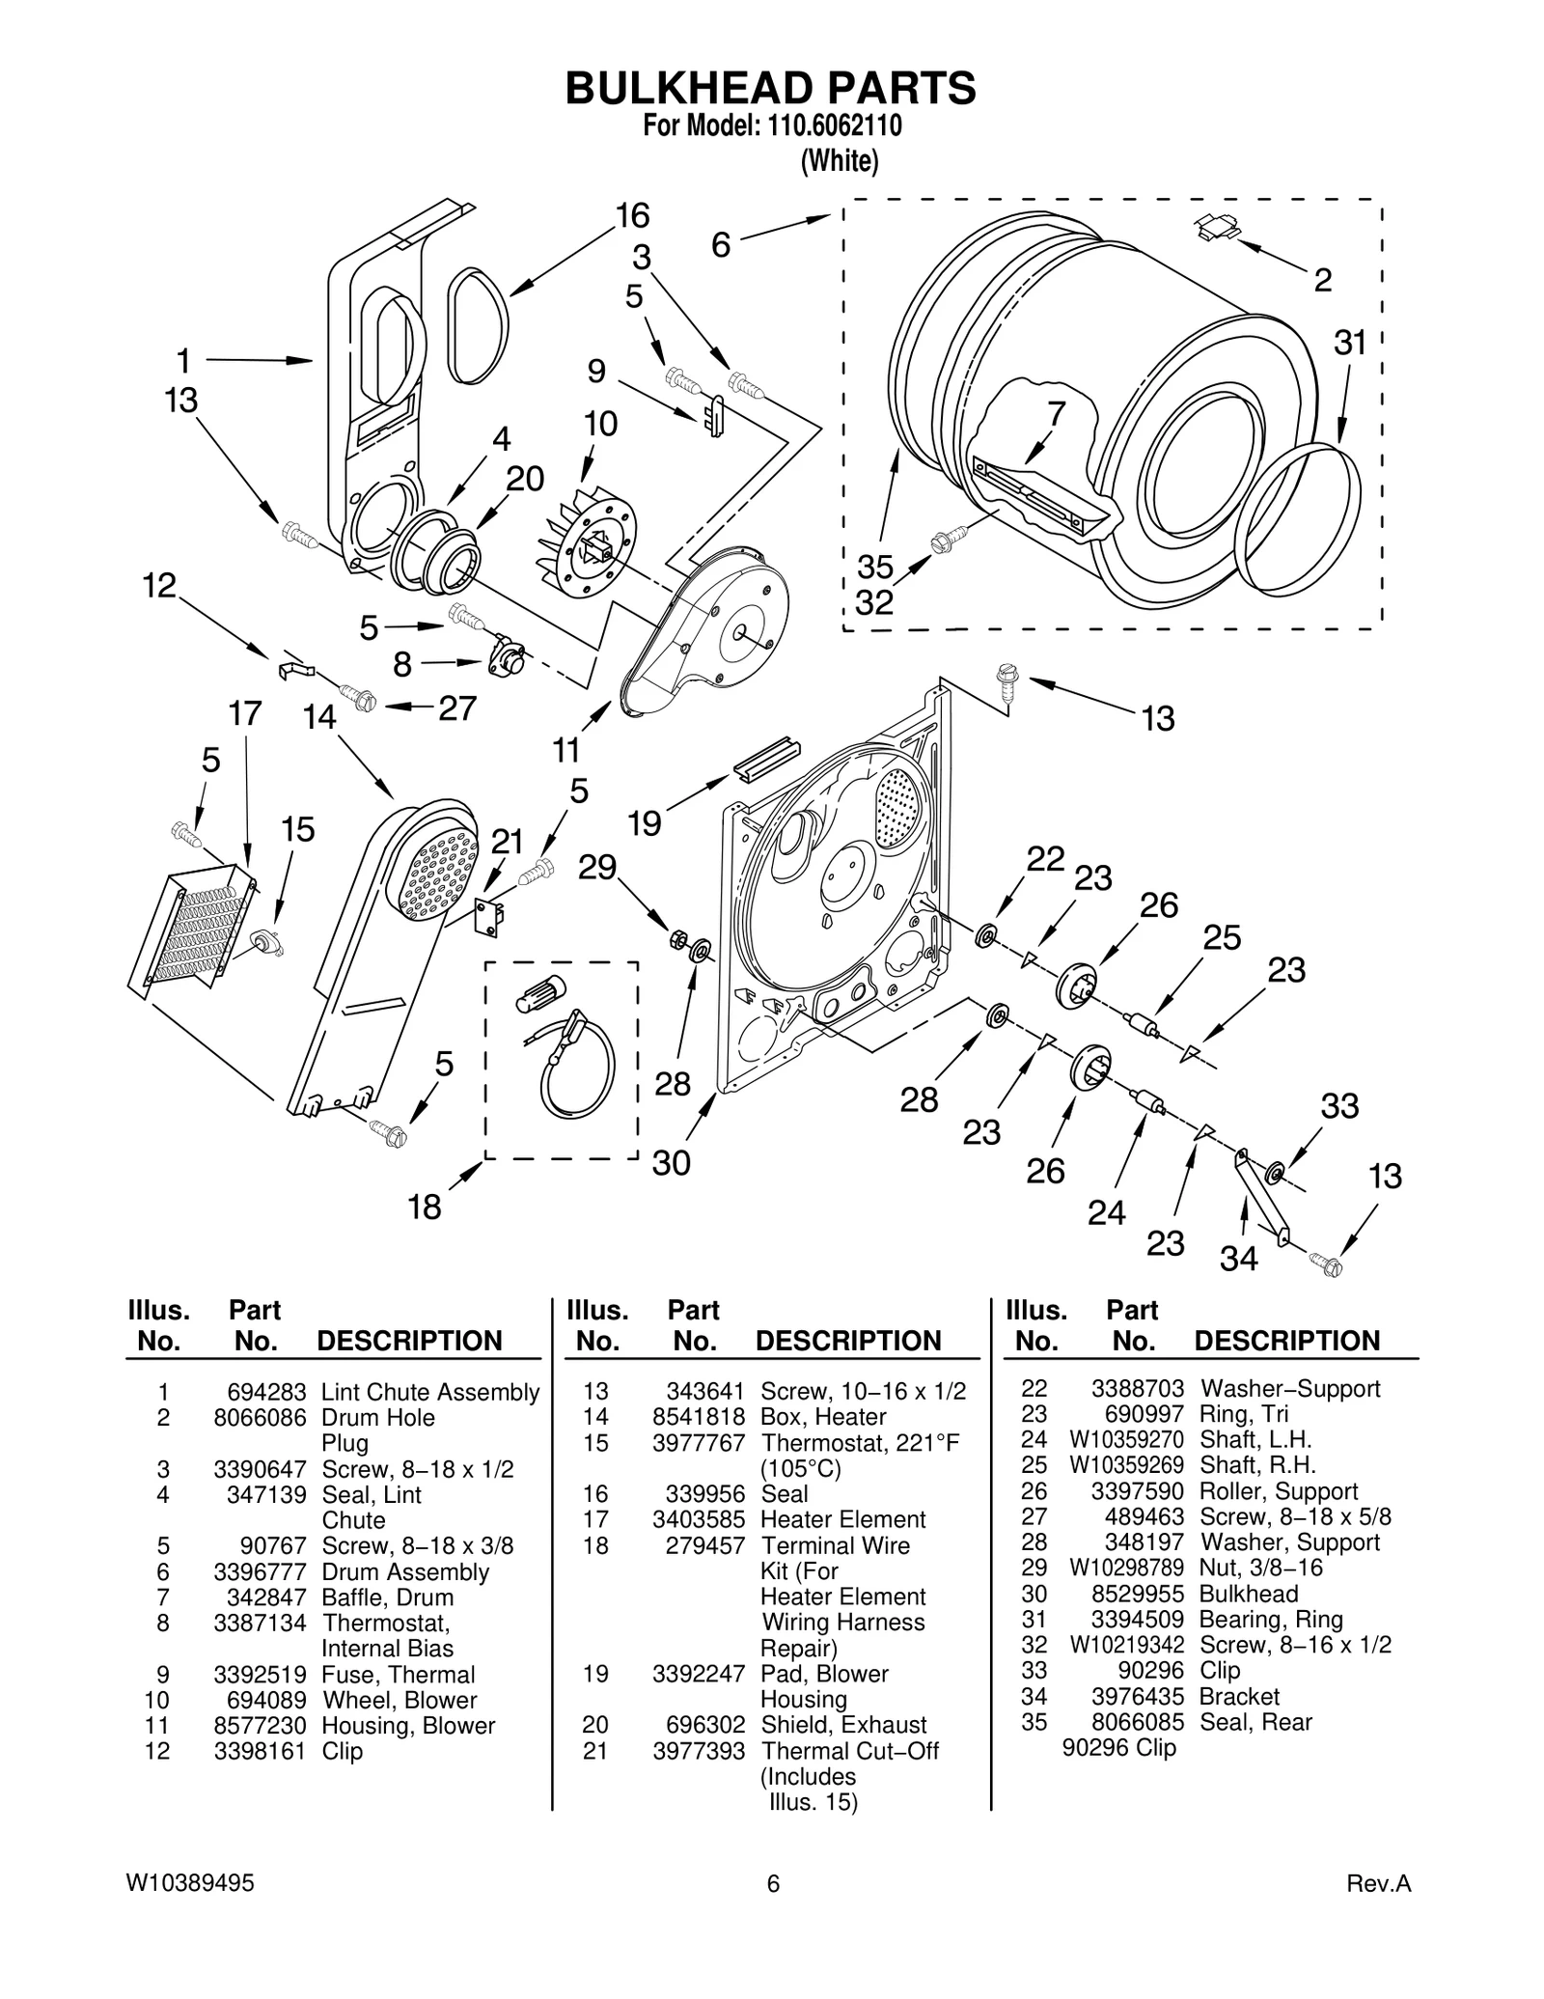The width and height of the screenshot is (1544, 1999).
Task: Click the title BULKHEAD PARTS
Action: click(x=770, y=89)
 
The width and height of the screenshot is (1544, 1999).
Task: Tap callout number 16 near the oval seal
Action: click(x=633, y=216)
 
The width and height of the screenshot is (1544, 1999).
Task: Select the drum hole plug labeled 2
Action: click(x=1216, y=228)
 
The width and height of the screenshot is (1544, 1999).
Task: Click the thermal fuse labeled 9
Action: click(x=715, y=416)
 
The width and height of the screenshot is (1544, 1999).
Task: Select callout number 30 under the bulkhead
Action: click(x=672, y=1162)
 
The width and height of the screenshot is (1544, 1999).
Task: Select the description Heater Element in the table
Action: click(x=842, y=1519)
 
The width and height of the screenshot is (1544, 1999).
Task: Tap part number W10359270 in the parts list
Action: click(x=1126, y=1439)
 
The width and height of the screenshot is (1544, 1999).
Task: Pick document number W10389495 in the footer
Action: click(x=190, y=1883)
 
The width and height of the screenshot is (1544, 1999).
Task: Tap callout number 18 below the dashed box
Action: click(x=425, y=1207)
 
